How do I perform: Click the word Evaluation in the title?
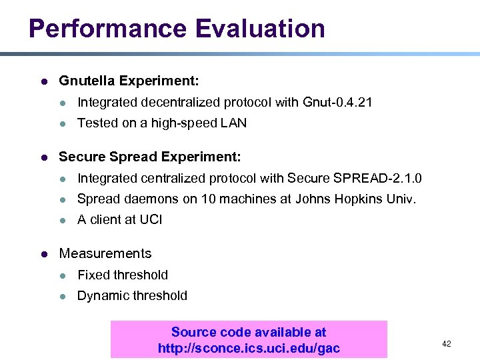(x=261, y=29)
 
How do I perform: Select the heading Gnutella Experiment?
(x=129, y=81)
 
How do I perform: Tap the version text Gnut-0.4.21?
(x=337, y=102)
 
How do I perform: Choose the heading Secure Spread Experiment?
(x=150, y=157)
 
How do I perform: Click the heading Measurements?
(x=105, y=253)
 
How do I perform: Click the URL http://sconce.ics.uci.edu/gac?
(x=249, y=348)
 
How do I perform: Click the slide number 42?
(x=447, y=343)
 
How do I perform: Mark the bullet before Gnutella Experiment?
(x=43, y=82)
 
